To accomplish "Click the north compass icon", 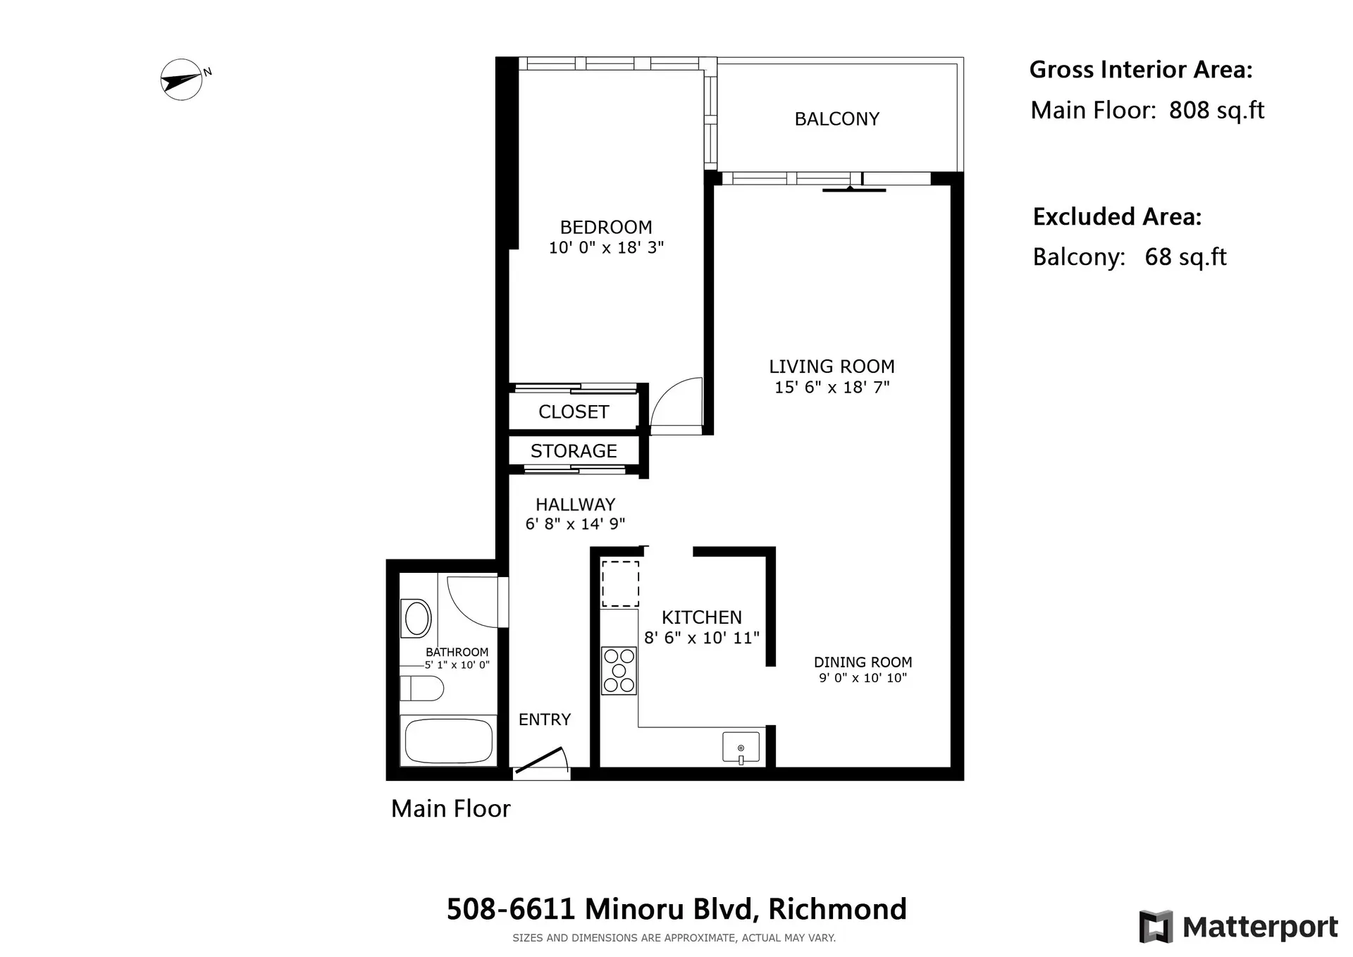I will [182, 80].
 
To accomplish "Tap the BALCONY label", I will [836, 119].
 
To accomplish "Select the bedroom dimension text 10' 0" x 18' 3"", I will [606, 248].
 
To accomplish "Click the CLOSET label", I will [573, 412].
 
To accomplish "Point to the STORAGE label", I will [573, 451].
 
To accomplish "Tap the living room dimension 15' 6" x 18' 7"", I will [832, 388].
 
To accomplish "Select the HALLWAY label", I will [575, 505].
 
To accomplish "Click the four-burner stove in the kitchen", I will [619, 671].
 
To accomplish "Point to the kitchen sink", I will [741, 748].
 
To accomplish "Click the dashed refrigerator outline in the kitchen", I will [620, 584].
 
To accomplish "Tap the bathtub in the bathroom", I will [449, 741].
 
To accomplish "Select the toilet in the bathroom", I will [421, 688].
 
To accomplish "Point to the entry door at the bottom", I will [541, 761].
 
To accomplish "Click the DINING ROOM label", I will [863, 662].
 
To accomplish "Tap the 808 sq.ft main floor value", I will [1216, 111].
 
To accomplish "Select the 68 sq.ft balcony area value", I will [1185, 257].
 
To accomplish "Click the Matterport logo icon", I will [1156, 927].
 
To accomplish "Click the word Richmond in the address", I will [837, 909].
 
